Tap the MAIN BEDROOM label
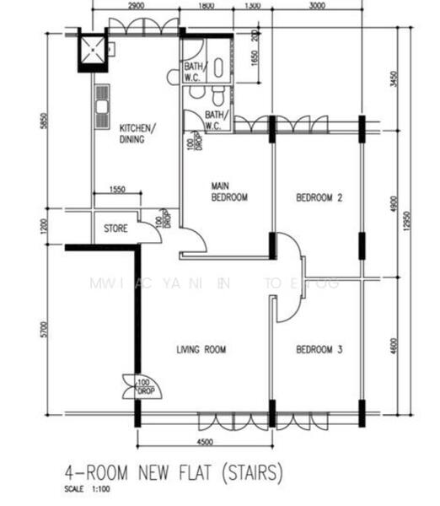point(228,191)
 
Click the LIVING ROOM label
point(201,349)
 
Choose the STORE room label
point(115,229)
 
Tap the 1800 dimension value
point(205,6)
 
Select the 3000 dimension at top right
point(317,6)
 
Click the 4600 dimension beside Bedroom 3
point(391,346)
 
